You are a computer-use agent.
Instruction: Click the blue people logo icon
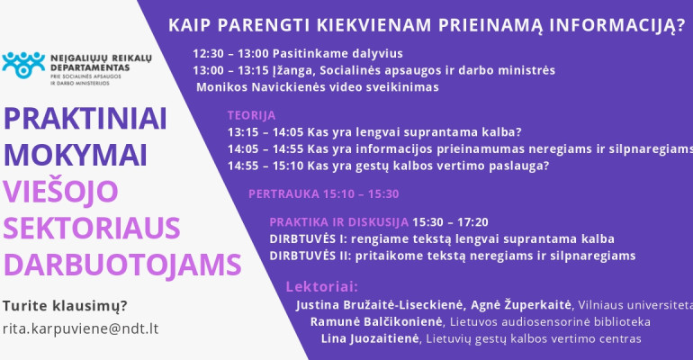tap(23, 65)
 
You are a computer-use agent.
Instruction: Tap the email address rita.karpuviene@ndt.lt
tap(80, 328)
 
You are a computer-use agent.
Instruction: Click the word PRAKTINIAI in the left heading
tap(85, 119)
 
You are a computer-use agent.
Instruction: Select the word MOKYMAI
tap(75, 156)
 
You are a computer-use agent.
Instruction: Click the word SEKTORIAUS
tap(92, 228)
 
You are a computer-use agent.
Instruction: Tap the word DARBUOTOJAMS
tap(122, 265)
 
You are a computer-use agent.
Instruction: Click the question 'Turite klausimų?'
tap(65, 305)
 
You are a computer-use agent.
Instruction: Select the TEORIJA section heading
tap(251, 115)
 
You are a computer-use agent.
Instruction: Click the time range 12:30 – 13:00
tap(230, 53)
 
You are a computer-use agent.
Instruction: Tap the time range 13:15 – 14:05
tap(265, 132)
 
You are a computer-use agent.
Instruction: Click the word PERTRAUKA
tap(283, 193)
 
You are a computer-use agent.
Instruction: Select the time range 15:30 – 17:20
tap(450, 222)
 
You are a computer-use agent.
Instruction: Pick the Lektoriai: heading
tap(322, 287)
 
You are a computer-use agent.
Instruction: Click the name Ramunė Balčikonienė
tap(376, 321)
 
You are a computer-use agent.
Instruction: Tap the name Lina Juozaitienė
tap(370, 338)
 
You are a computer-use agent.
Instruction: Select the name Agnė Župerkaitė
tap(521, 305)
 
